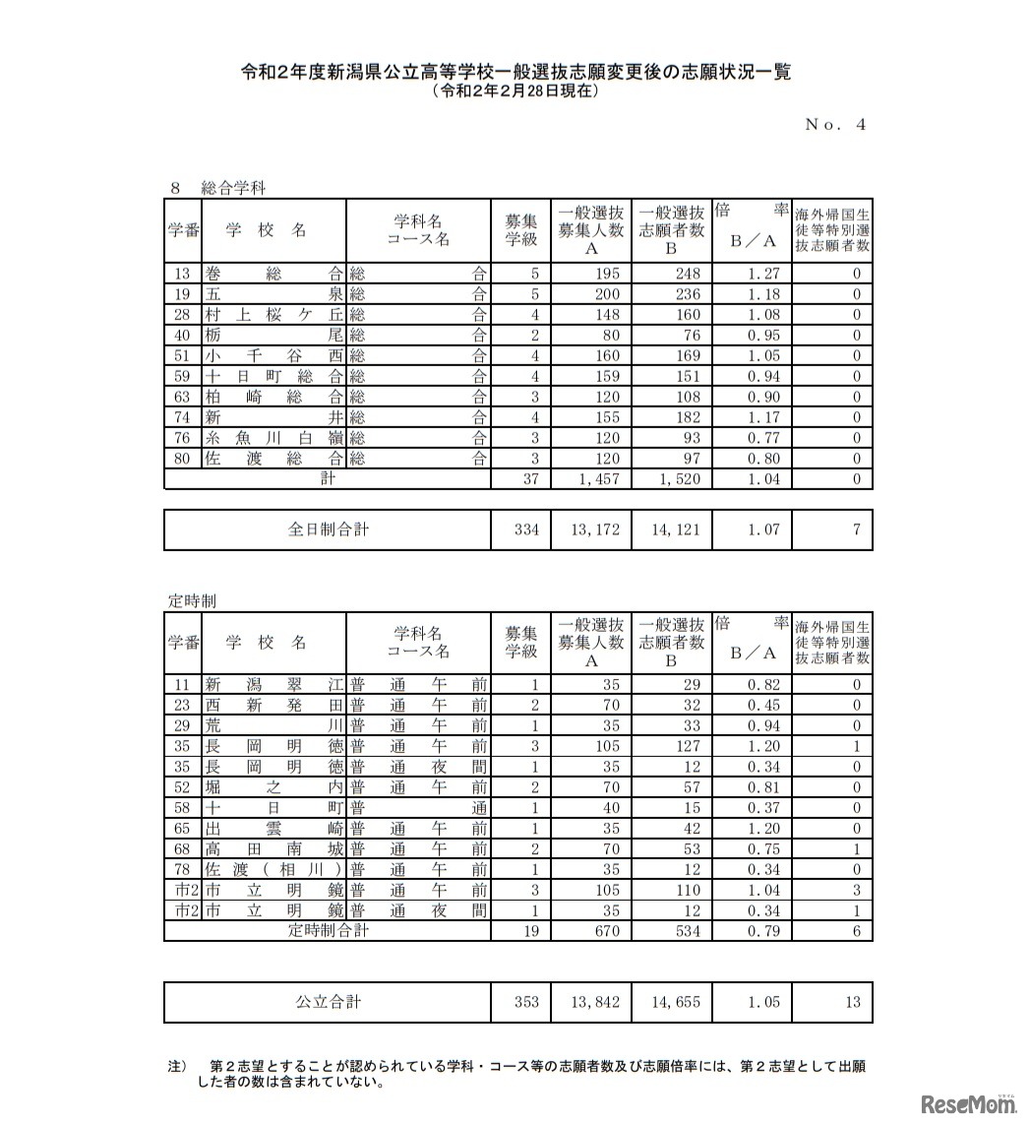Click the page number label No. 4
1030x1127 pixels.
(835, 124)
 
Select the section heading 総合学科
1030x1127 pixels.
(232, 187)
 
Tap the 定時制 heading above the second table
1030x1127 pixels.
(192, 600)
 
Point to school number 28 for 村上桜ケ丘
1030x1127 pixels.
(182, 315)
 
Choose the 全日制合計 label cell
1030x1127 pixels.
(328, 530)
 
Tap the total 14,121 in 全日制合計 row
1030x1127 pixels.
(675, 530)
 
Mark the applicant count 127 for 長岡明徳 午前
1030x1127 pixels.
(688, 746)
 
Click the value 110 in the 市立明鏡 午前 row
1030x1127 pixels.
(688, 891)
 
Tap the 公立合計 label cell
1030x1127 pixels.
(328, 1002)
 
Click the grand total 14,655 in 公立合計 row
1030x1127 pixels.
(675, 1002)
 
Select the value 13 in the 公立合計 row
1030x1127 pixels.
(852, 1002)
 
